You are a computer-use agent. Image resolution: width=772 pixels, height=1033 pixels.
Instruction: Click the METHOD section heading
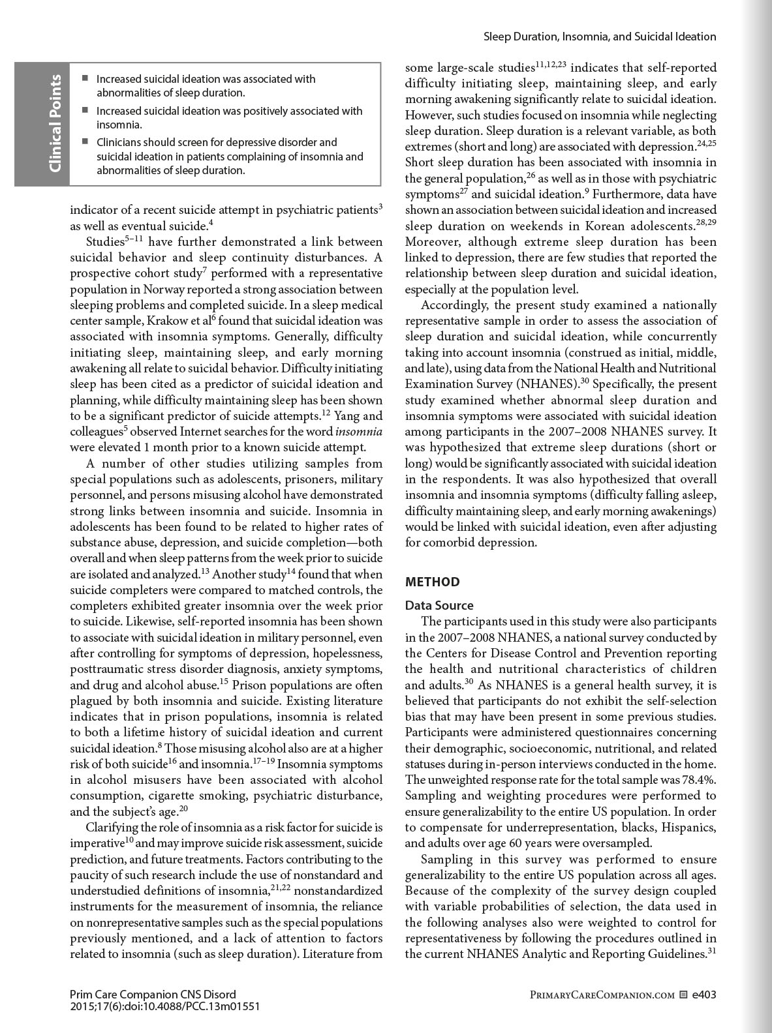432,582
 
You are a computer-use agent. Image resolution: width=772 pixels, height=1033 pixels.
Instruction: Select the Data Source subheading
439,605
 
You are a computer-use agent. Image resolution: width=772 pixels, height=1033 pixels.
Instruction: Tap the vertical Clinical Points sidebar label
55,124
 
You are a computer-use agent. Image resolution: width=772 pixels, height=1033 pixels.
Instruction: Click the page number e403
704,995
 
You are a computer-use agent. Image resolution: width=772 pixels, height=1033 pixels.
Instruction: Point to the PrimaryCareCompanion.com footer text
602,995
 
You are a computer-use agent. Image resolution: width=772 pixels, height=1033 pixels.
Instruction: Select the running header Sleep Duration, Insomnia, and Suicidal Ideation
600,37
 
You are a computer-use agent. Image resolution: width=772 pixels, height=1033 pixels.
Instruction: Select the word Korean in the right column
593,226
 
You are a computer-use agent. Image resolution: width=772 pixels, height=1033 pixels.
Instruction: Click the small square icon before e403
683,995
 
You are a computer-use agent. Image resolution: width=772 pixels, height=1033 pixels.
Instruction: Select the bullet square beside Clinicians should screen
85,142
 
